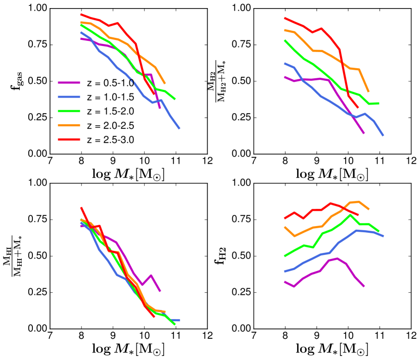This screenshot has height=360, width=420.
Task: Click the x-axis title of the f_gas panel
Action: tap(128, 174)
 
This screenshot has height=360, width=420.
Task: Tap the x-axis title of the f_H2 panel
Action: tap(332, 348)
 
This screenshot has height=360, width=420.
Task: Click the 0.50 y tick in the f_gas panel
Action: tap(38, 81)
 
